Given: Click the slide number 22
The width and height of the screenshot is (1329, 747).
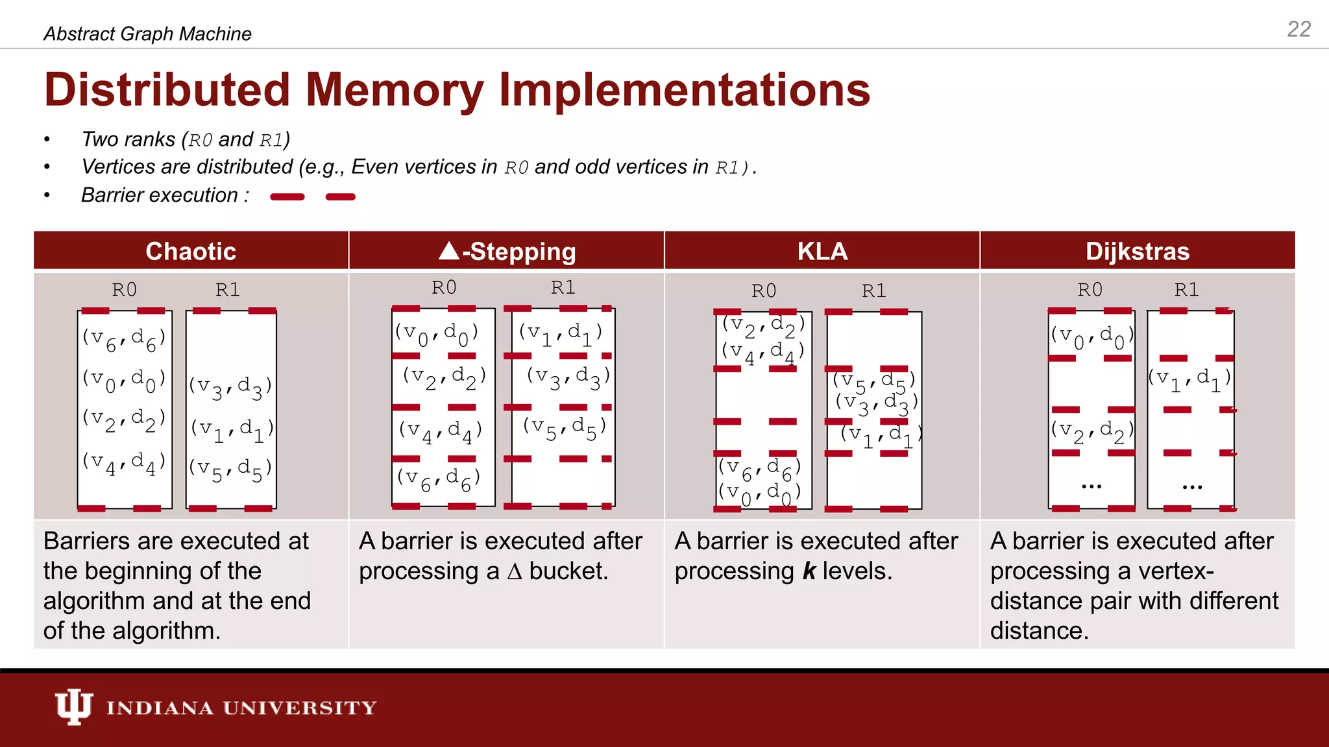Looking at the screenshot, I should coord(1299,29).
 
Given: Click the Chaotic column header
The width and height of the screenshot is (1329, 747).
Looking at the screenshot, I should coord(191,251).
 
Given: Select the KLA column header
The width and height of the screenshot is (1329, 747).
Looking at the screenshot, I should coord(822,251).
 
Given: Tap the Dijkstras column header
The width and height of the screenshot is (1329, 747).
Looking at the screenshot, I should coord(1137,251).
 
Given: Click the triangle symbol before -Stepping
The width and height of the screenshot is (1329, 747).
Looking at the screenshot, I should coord(449,250).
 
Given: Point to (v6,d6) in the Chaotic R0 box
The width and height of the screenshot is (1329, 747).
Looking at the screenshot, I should coord(124,338).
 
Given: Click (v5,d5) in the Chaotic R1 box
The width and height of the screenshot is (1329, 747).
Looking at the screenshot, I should coord(230,469).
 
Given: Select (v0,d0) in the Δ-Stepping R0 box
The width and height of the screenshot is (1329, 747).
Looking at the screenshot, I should coord(437,334).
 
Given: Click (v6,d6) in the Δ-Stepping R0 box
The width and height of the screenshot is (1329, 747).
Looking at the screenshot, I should coord(439,479).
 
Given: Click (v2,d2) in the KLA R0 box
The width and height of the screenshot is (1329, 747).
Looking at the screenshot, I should coord(763,325).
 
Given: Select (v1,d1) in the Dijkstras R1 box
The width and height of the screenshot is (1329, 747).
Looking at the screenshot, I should coord(1189,379).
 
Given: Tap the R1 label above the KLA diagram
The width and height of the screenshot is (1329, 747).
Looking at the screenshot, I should coord(873,290).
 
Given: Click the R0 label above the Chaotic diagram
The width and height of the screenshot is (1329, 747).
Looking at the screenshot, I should coord(124,289).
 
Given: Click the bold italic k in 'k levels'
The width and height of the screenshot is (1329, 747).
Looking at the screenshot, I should coord(809,571).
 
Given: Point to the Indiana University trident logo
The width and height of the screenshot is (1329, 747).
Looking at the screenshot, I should coord(73,707).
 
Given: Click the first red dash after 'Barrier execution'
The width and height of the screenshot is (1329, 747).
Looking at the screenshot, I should coord(287,196).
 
